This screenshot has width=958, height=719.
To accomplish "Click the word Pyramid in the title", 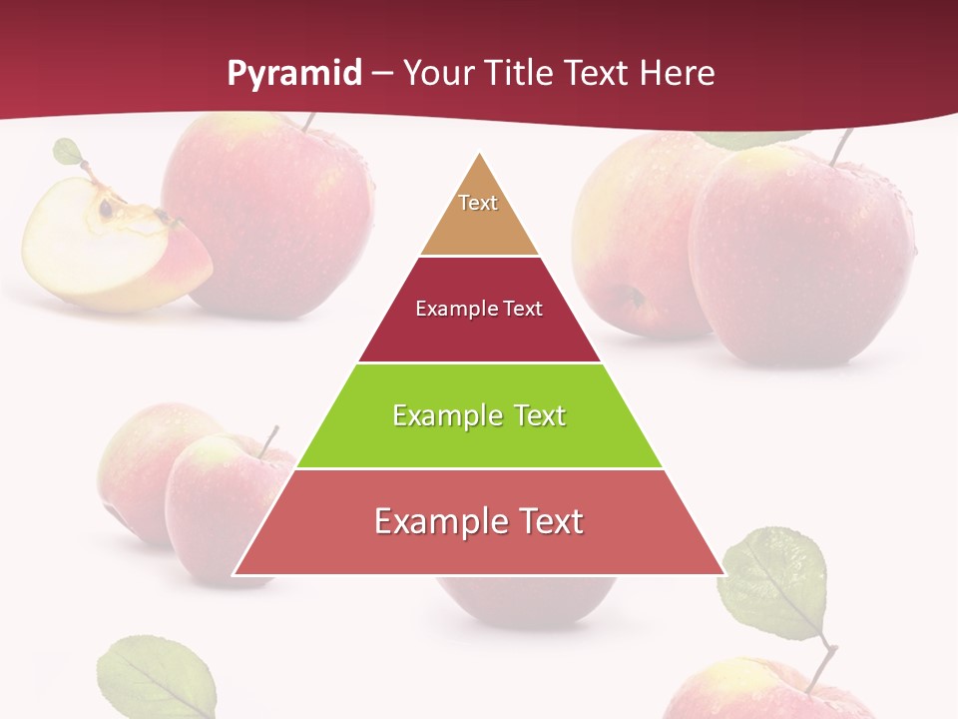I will coord(294,74).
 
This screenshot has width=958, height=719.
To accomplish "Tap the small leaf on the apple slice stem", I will coord(68,152).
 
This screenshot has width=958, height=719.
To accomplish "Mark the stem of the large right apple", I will coord(842,147).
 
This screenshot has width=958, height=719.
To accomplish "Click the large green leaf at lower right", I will coord(774,584).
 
